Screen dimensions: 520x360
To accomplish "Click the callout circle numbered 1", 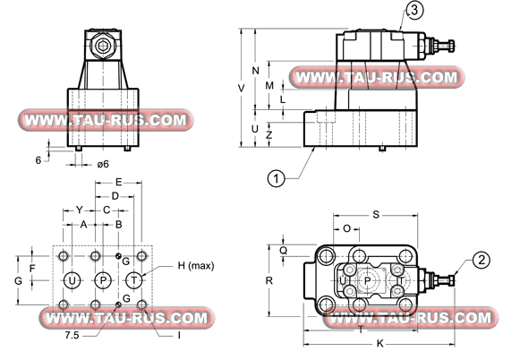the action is (x=277, y=178).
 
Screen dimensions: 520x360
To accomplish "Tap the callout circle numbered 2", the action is (x=482, y=260).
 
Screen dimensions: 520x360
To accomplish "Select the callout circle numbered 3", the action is (x=414, y=11).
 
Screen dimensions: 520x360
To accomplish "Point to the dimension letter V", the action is (x=242, y=89).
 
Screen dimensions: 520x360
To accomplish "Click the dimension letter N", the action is (x=255, y=71).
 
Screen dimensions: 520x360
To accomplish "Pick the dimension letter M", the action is (x=269, y=86).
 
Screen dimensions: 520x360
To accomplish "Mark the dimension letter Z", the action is (x=269, y=134).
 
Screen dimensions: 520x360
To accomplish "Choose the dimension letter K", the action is (x=380, y=344).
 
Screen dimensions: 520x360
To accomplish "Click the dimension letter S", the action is (x=376, y=215).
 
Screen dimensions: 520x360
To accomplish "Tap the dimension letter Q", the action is (x=283, y=251).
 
